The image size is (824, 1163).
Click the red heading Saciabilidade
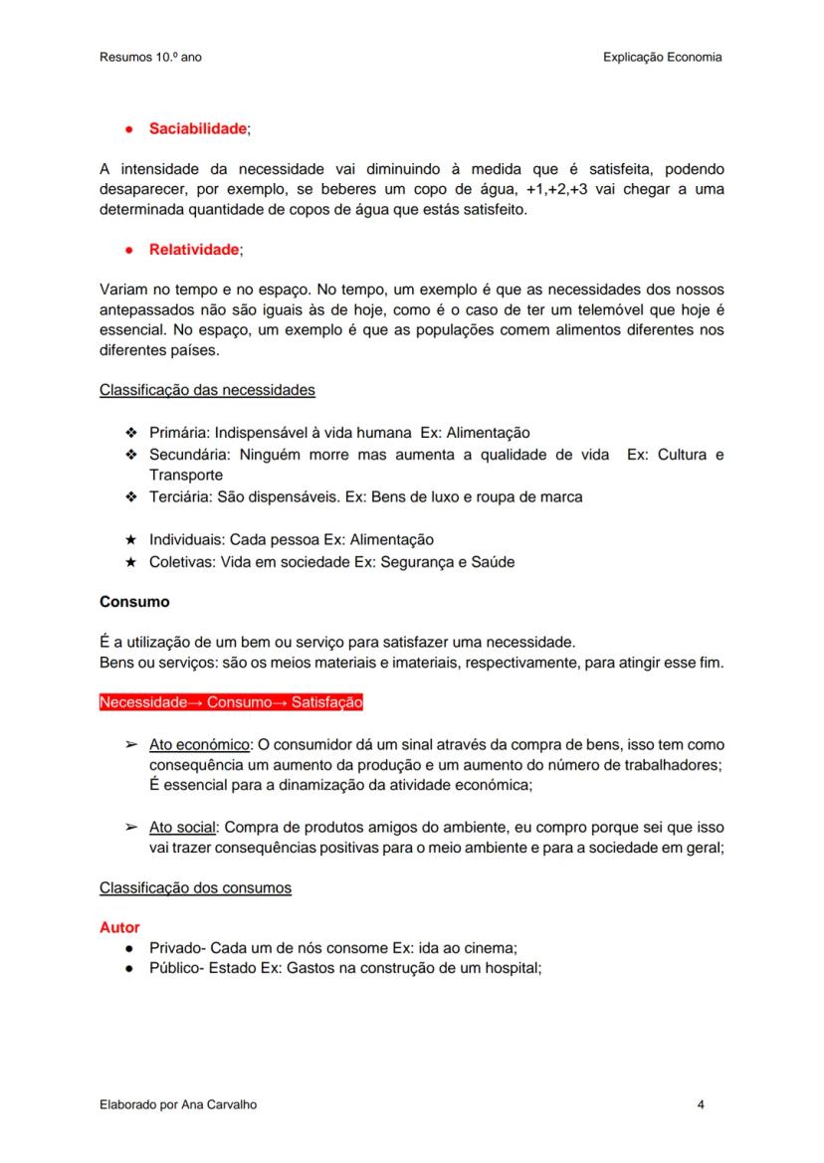click(x=197, y=129)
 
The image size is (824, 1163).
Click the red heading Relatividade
click(x=194, y=250)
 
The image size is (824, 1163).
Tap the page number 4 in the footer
click(x=702, y=1105)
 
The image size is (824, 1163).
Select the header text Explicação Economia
click(x=662, y=58)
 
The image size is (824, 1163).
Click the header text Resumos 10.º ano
click(x=150, y=58)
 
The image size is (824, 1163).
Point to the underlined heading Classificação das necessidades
click(x=207, y=390)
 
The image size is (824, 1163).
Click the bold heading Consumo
click(x=134, y=602)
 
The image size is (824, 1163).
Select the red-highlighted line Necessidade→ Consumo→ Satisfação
click(x=231, y=703)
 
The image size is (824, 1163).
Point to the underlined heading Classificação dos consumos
click(x=195, y=887)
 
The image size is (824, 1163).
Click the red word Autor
click(x=119, y=927)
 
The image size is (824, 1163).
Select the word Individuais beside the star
click(x=186, y=540)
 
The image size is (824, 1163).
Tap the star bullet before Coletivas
click(x=130, y=562)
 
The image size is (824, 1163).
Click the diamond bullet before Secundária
click(x=130, y=455)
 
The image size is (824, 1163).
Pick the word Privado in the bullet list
click(x=176, y=948)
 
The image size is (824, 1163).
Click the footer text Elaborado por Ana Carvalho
click(x=178, y=1105)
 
